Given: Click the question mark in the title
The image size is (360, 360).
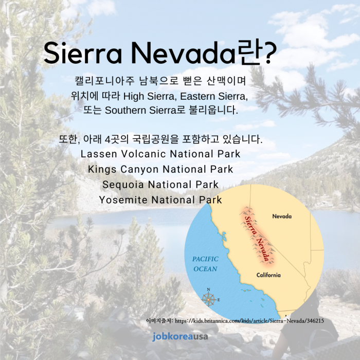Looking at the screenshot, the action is click(269, 52).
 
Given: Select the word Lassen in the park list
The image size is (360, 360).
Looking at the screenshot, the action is click(99, 154).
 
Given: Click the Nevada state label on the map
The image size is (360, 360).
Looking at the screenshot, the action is click(282, 217).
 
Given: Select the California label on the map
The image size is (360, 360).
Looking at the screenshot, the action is click(268, 275).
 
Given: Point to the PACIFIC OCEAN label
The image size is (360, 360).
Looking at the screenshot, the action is click(205, 264).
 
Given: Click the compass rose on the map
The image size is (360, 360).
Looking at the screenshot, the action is click(209, 299).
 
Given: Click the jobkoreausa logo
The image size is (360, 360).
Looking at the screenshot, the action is click(180, 337).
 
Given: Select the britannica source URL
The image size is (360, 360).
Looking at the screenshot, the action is click(249, 321).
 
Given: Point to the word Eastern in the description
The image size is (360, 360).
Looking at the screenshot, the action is click(197, 97).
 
